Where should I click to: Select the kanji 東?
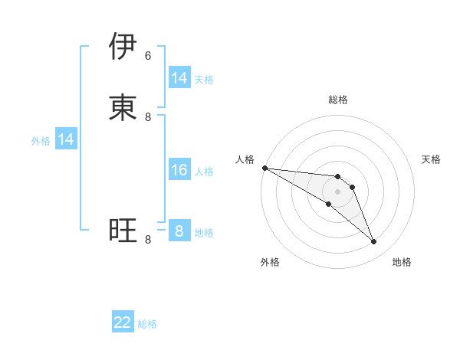[123, 107]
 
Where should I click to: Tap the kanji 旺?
[123, 230]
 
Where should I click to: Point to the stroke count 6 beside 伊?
[148, 55]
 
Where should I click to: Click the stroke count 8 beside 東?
[148, 116]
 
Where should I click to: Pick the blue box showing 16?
[179, 170]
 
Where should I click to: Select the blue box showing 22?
[123, 323]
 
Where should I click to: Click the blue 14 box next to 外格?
[66, 139]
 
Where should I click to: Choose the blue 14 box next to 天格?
[179, 78]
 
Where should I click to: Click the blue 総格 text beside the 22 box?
[147, 324]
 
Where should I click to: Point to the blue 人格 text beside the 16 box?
[204, 171]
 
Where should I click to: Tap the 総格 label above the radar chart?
[338, 100]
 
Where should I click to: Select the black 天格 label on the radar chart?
[431, 159]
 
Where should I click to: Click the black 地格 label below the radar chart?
[402, 262]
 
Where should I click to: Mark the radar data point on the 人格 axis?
[264, 168]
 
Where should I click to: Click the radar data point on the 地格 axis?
[374, 242]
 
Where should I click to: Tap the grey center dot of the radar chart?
[338, 191]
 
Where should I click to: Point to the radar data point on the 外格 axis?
[329, 205]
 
